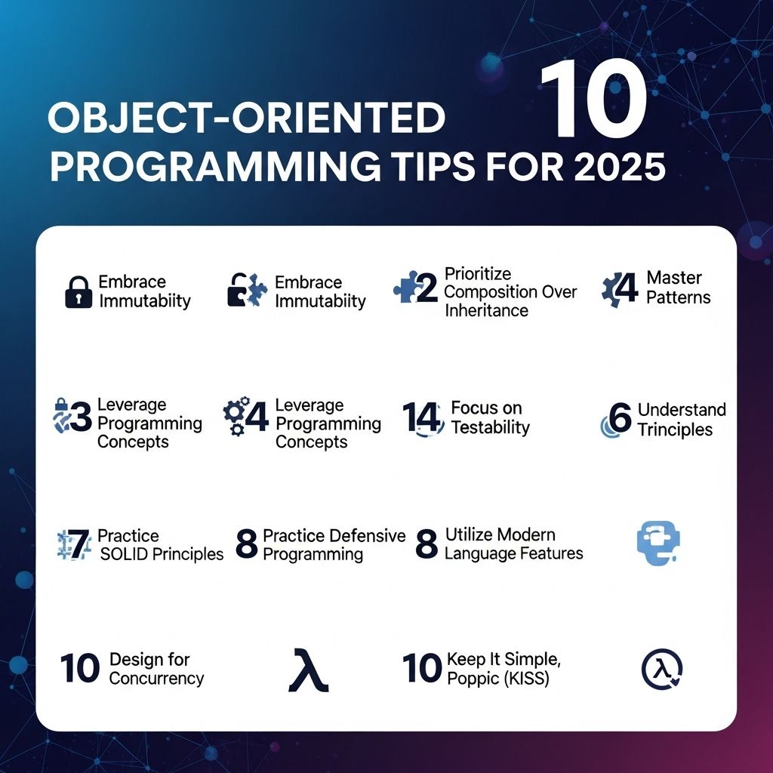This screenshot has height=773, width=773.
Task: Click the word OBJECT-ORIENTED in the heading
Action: (x=247, y=118)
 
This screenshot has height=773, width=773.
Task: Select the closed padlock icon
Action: (x=79, y=292)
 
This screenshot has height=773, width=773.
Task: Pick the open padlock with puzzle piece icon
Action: (x=248, y=290)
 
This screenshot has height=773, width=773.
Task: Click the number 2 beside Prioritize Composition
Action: (x=427, y=288)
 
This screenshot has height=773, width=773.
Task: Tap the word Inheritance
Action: (x=486, y=310)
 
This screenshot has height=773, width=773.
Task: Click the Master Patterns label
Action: (x=679, y=288)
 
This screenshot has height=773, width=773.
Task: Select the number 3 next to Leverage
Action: (x=81, y=417)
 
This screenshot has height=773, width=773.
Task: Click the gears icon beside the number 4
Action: (x=236, y=416)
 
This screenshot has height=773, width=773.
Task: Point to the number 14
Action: (x=421, y=417)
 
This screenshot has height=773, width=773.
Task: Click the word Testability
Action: (x=490, y=427)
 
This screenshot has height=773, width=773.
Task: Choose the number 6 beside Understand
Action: (x=621, y=417)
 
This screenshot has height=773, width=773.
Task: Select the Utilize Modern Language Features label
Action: (x=513, y=544)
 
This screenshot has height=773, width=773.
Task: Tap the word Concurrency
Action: (x=156, y=679)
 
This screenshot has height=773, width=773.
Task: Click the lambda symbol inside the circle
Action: (x=661, y=669)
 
